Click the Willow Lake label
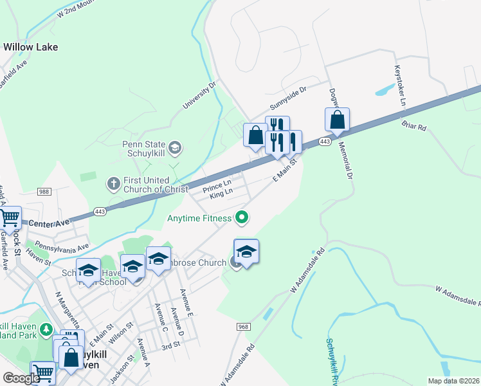(30, 47)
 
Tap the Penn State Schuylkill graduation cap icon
(176, 149)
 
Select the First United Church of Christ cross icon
(113, 185)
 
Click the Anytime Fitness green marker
(242, 218)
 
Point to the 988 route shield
(44, 192)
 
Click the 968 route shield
(242, 327)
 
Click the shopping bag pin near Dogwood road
(337, 120)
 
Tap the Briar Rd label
(413, 124)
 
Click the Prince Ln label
(217, 187)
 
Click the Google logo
(21, 378)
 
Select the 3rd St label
(170, 346)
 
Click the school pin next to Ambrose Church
(246, 252)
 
